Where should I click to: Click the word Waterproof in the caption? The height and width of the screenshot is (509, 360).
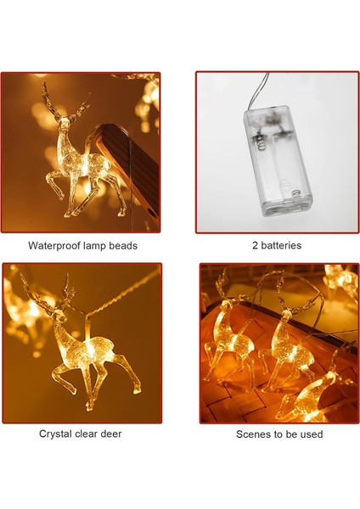pyautogui.click(x=54, y=246)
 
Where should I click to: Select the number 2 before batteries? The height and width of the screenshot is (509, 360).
pyautogui.click(x=255, y=245)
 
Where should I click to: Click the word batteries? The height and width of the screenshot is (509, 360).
pyautogui.click(x=281, y=245)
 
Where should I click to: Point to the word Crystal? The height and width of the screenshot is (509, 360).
pyautogui.click(x=55, y=434)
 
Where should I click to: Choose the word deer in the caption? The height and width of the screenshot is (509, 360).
pyautogui.click(x=111, y=433)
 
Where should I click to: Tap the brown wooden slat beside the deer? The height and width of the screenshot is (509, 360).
pyautogui.click(x=130, y=172)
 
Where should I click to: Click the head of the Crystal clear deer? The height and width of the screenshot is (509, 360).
pyautogui.click(x=59, y=316)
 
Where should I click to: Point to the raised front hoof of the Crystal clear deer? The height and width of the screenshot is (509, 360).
pyautogui.click(x=54, y=377)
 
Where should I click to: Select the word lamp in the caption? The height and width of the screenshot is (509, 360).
pyautogui.click(x=94, y=246)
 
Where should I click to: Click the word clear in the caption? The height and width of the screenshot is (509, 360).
pyautogui.click(x=86, y=433)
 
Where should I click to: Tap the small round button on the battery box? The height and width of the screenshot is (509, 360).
pyautogui.click(x=295, y=193)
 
